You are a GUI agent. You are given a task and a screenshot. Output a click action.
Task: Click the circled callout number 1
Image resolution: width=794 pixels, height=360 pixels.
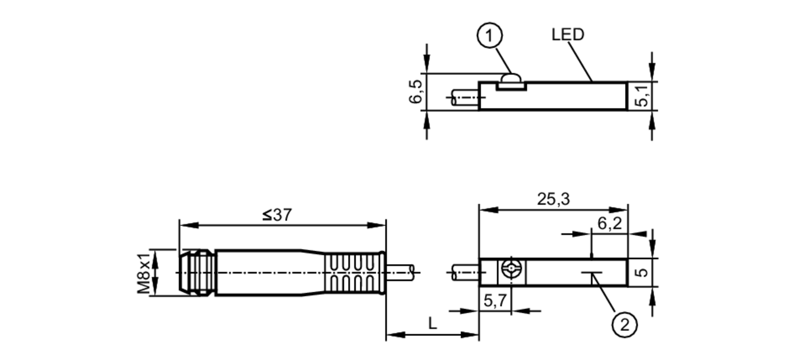[489, 36]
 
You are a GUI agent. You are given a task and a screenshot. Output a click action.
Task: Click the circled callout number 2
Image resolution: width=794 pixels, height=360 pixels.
[624, 325]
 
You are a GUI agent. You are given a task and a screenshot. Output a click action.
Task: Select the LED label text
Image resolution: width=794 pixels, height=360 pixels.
[567, 35]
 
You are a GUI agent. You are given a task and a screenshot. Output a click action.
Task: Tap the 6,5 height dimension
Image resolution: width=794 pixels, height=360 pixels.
[416, 92]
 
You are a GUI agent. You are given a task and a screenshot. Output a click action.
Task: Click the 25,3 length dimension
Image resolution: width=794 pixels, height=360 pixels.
[553, 199]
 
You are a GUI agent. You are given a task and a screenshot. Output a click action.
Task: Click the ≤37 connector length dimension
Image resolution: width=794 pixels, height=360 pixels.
[277, 215]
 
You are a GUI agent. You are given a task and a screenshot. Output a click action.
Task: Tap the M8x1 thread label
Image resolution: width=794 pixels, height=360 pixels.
[144, 272]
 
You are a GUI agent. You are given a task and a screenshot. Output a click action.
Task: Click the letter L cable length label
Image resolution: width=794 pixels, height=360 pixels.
[432, 323]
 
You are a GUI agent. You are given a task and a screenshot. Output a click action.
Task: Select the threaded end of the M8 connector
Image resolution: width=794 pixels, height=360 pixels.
[196, 272]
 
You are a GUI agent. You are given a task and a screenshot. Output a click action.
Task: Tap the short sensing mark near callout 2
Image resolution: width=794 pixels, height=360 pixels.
[592, 273]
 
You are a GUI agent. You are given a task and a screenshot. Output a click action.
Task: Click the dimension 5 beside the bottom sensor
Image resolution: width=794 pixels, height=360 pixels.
[642, 272]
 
